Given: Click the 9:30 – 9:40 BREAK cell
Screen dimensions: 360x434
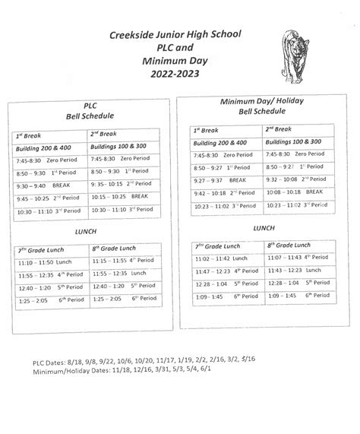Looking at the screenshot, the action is coord(47,185).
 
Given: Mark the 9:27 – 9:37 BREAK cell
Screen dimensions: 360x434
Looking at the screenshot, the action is coord(220,180).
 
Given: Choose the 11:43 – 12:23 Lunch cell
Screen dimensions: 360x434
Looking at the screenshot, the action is coord(295,271).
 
